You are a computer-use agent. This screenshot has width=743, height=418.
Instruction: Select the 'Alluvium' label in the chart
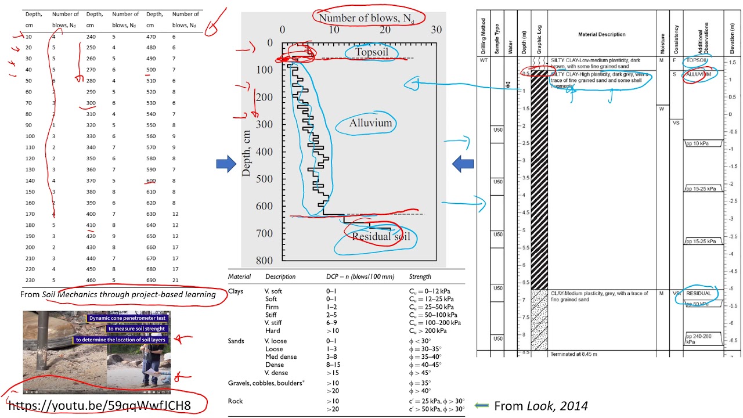(370, 123)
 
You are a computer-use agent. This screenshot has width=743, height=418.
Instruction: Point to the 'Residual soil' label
(381, 236)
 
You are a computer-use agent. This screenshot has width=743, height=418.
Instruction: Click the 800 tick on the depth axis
(264, 260)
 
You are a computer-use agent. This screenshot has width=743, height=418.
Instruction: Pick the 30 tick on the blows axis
(437, 30)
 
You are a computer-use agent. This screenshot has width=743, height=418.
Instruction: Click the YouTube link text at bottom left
(99, 405)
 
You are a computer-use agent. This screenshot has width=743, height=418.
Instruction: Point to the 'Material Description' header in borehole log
(602, 34)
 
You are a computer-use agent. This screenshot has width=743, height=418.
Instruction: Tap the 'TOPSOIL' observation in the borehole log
(697, 60)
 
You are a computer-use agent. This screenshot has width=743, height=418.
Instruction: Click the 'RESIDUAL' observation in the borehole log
(698, 293)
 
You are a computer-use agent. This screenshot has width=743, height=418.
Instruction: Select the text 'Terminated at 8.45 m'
(574, 354)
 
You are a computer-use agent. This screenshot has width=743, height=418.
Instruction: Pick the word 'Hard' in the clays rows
(272, 331)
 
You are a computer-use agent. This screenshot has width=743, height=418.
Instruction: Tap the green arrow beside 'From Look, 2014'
(482, 406)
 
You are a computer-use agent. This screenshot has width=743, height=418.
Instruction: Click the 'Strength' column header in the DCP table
(420, 277)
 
